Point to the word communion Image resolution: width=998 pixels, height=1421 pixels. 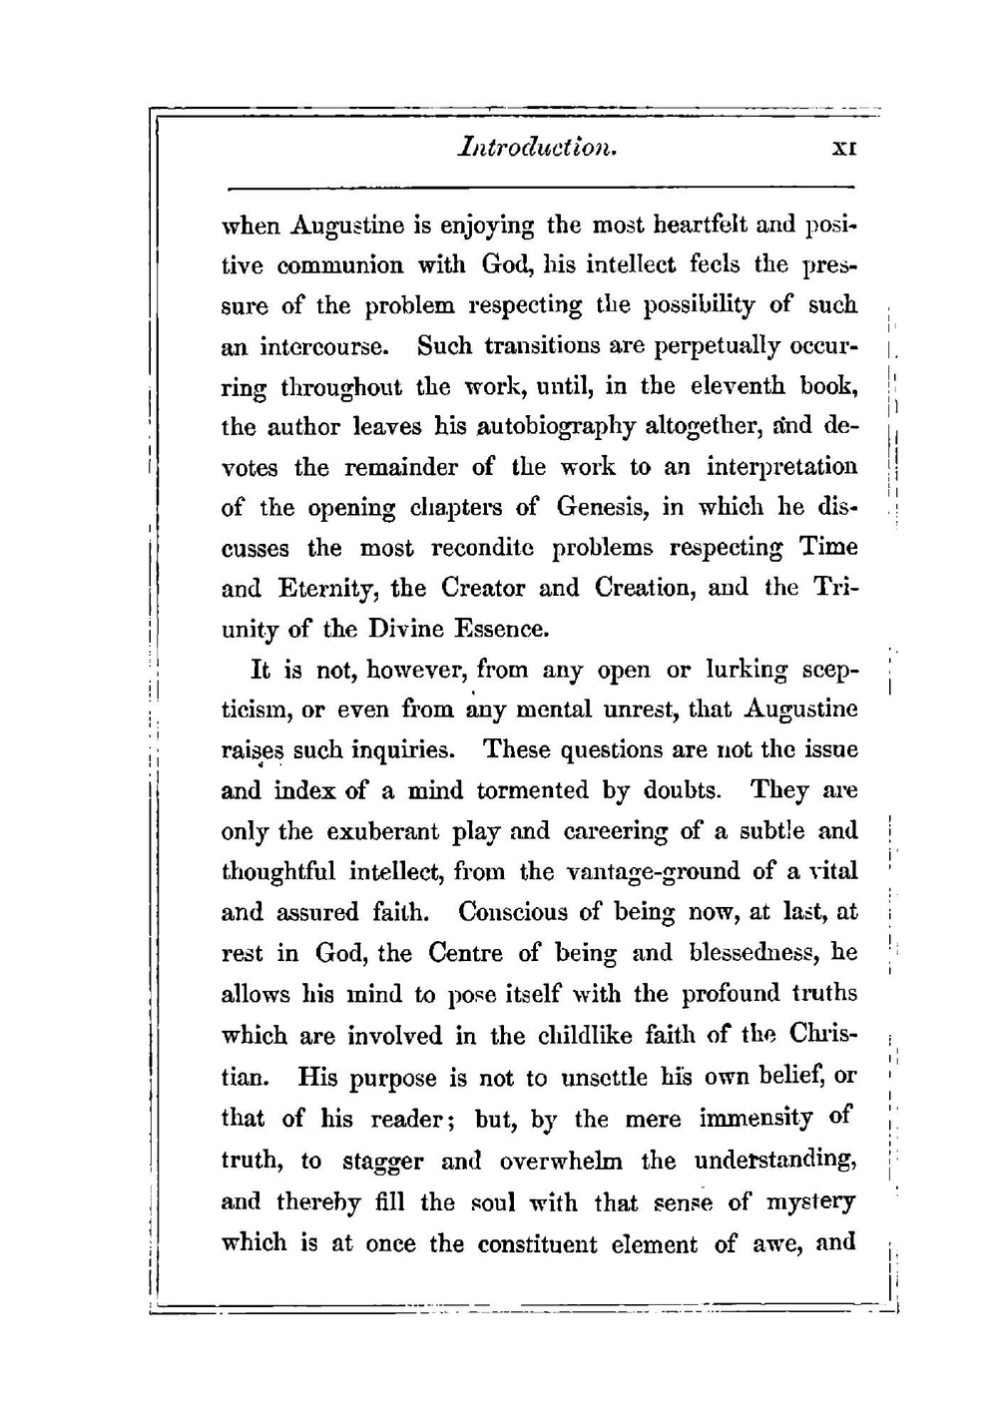pyautogui.click(x=334, y=265)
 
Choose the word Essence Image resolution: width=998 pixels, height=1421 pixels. pyautogui.click(x=500, y=630)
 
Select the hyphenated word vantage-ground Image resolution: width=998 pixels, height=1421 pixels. pyautogui.click(x=653, y=872)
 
